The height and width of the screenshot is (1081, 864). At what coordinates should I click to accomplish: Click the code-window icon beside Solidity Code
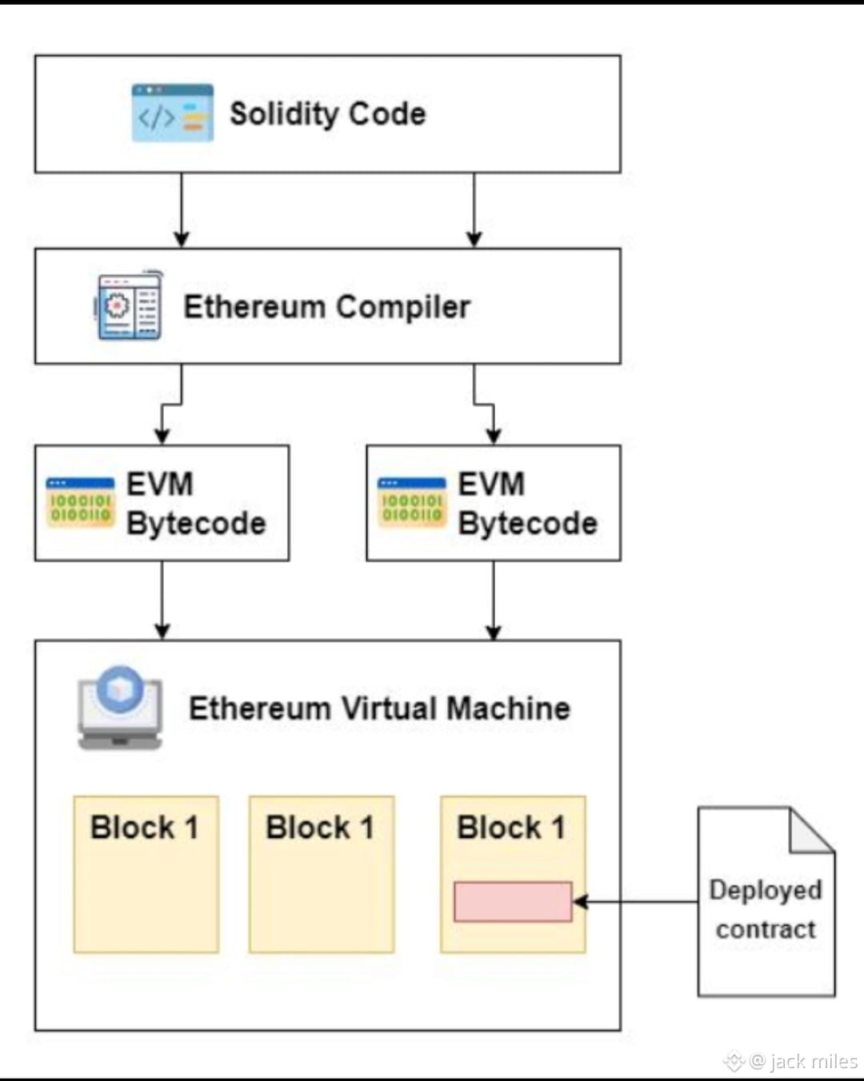point(172,113)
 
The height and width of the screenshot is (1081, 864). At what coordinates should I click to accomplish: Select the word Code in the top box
point(387,114)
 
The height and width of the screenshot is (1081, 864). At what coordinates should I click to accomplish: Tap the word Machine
point(508,708)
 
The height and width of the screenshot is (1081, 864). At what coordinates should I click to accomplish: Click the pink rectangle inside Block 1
point(513,902)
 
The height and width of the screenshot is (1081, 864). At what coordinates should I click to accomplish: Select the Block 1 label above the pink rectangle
point(511,828)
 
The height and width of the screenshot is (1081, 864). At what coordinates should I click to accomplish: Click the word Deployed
point(766,890)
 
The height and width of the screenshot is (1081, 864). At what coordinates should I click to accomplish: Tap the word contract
point(766,929)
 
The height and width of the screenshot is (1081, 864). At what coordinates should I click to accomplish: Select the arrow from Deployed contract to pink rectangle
point(636,902)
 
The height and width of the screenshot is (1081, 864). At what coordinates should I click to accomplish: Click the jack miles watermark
point(802,1061)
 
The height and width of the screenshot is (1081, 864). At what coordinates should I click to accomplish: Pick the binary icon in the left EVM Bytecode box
point(80,503)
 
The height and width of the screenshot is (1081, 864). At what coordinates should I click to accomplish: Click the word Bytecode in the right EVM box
point(527,523)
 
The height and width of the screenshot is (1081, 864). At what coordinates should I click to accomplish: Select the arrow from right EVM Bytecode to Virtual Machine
point(494,600)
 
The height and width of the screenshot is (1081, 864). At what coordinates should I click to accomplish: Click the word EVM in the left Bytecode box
point(160,484)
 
